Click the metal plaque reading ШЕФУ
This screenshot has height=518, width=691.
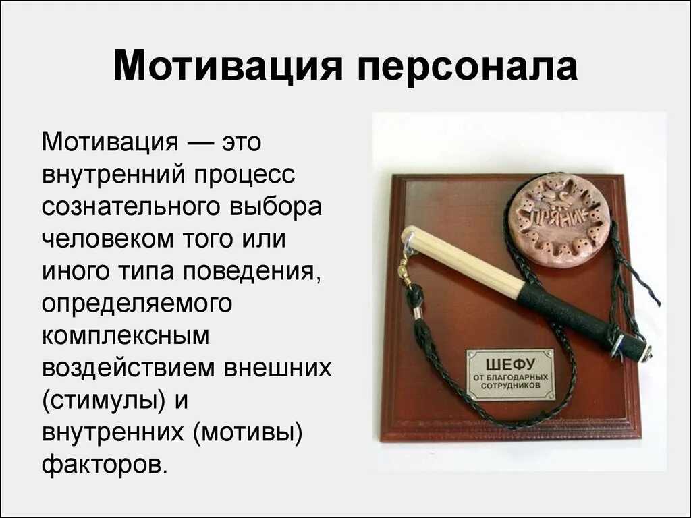click(510, 374)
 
